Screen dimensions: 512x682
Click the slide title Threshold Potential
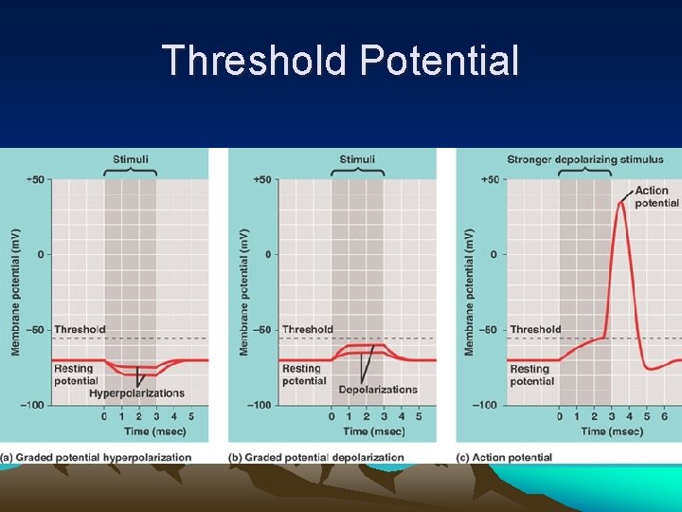[x=341, y=61]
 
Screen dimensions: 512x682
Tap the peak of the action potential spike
[x=620, y=203]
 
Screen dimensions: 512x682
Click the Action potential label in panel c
[x=656, y=197]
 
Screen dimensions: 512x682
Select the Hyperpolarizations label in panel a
[x=136, y=393]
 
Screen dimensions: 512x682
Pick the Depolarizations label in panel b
[x=377, y=390]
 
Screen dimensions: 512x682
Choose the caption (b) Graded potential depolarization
[x=316, y=457]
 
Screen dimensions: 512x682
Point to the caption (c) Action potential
[x=504, y=457]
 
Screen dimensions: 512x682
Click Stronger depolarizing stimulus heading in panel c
[x=584, y=159]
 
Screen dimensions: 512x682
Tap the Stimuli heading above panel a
[x=130, y=159]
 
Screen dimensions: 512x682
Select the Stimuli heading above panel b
[x=357, y=159]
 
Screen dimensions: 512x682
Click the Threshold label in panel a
[x=80, y=329]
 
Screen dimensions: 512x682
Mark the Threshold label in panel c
[x=535, y=329]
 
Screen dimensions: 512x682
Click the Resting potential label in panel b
[x=303, y=375]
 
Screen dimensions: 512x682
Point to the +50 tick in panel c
[x=490, y=179]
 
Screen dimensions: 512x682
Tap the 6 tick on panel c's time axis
[x=664, y=416]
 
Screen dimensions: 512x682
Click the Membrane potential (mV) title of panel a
[x=15, y=292]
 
